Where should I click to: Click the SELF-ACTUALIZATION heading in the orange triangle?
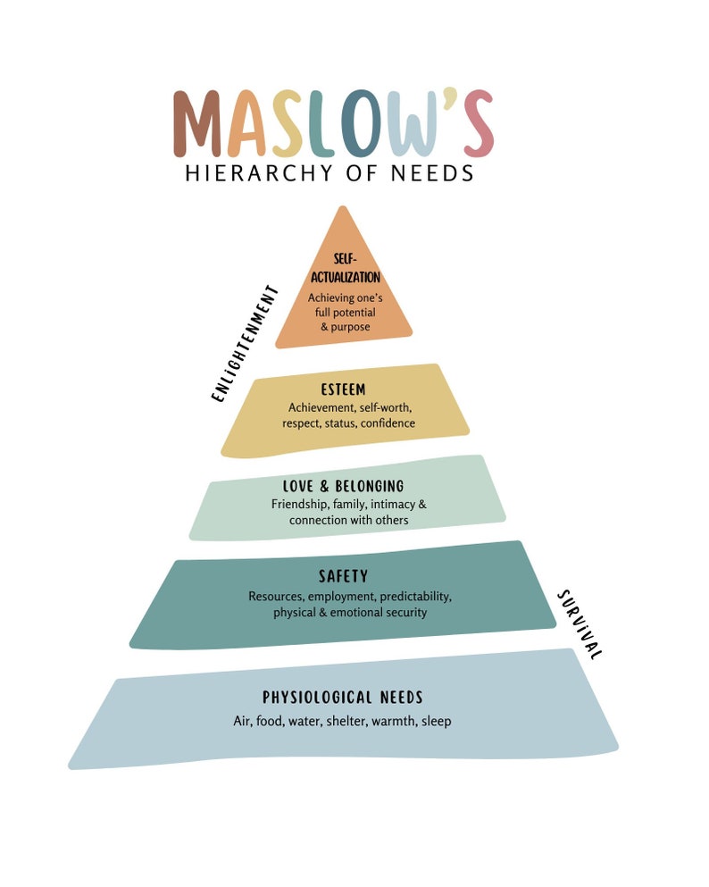tap(345, 269)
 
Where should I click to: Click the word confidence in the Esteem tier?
tap(388, 423)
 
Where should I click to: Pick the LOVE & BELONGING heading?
tap(343, 487)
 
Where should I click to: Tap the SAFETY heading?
tap(343, 577)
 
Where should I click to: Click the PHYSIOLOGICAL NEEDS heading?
tap(342, 698)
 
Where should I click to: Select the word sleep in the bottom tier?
tap(436, 721)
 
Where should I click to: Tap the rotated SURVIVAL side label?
tap(580, 624)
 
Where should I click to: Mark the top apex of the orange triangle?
tap(339, 208)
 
